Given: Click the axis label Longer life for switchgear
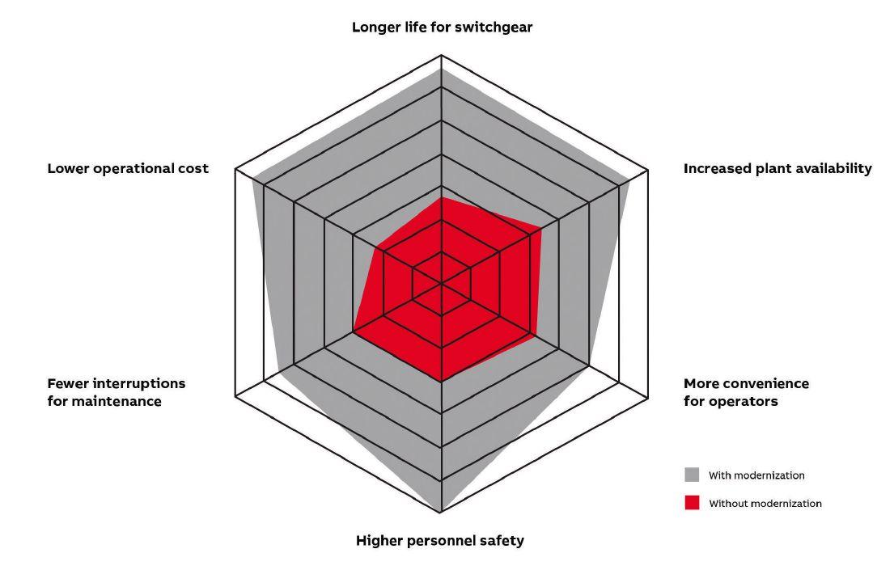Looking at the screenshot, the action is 442,27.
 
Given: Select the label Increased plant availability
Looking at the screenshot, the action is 777,169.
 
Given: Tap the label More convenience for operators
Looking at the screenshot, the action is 746,392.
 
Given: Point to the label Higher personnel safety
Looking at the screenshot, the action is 440,541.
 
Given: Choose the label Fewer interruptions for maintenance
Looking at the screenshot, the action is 117,392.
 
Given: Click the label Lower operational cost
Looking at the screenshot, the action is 128,169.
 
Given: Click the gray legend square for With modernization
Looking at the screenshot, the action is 692,475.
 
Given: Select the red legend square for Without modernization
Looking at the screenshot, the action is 692,503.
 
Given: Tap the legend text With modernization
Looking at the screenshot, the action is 756,475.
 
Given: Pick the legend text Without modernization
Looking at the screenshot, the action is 765,504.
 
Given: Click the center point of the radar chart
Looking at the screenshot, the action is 441,283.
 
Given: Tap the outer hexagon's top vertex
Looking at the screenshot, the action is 441,55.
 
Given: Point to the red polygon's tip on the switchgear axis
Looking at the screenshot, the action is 441,198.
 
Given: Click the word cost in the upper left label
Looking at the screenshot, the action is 194,169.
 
